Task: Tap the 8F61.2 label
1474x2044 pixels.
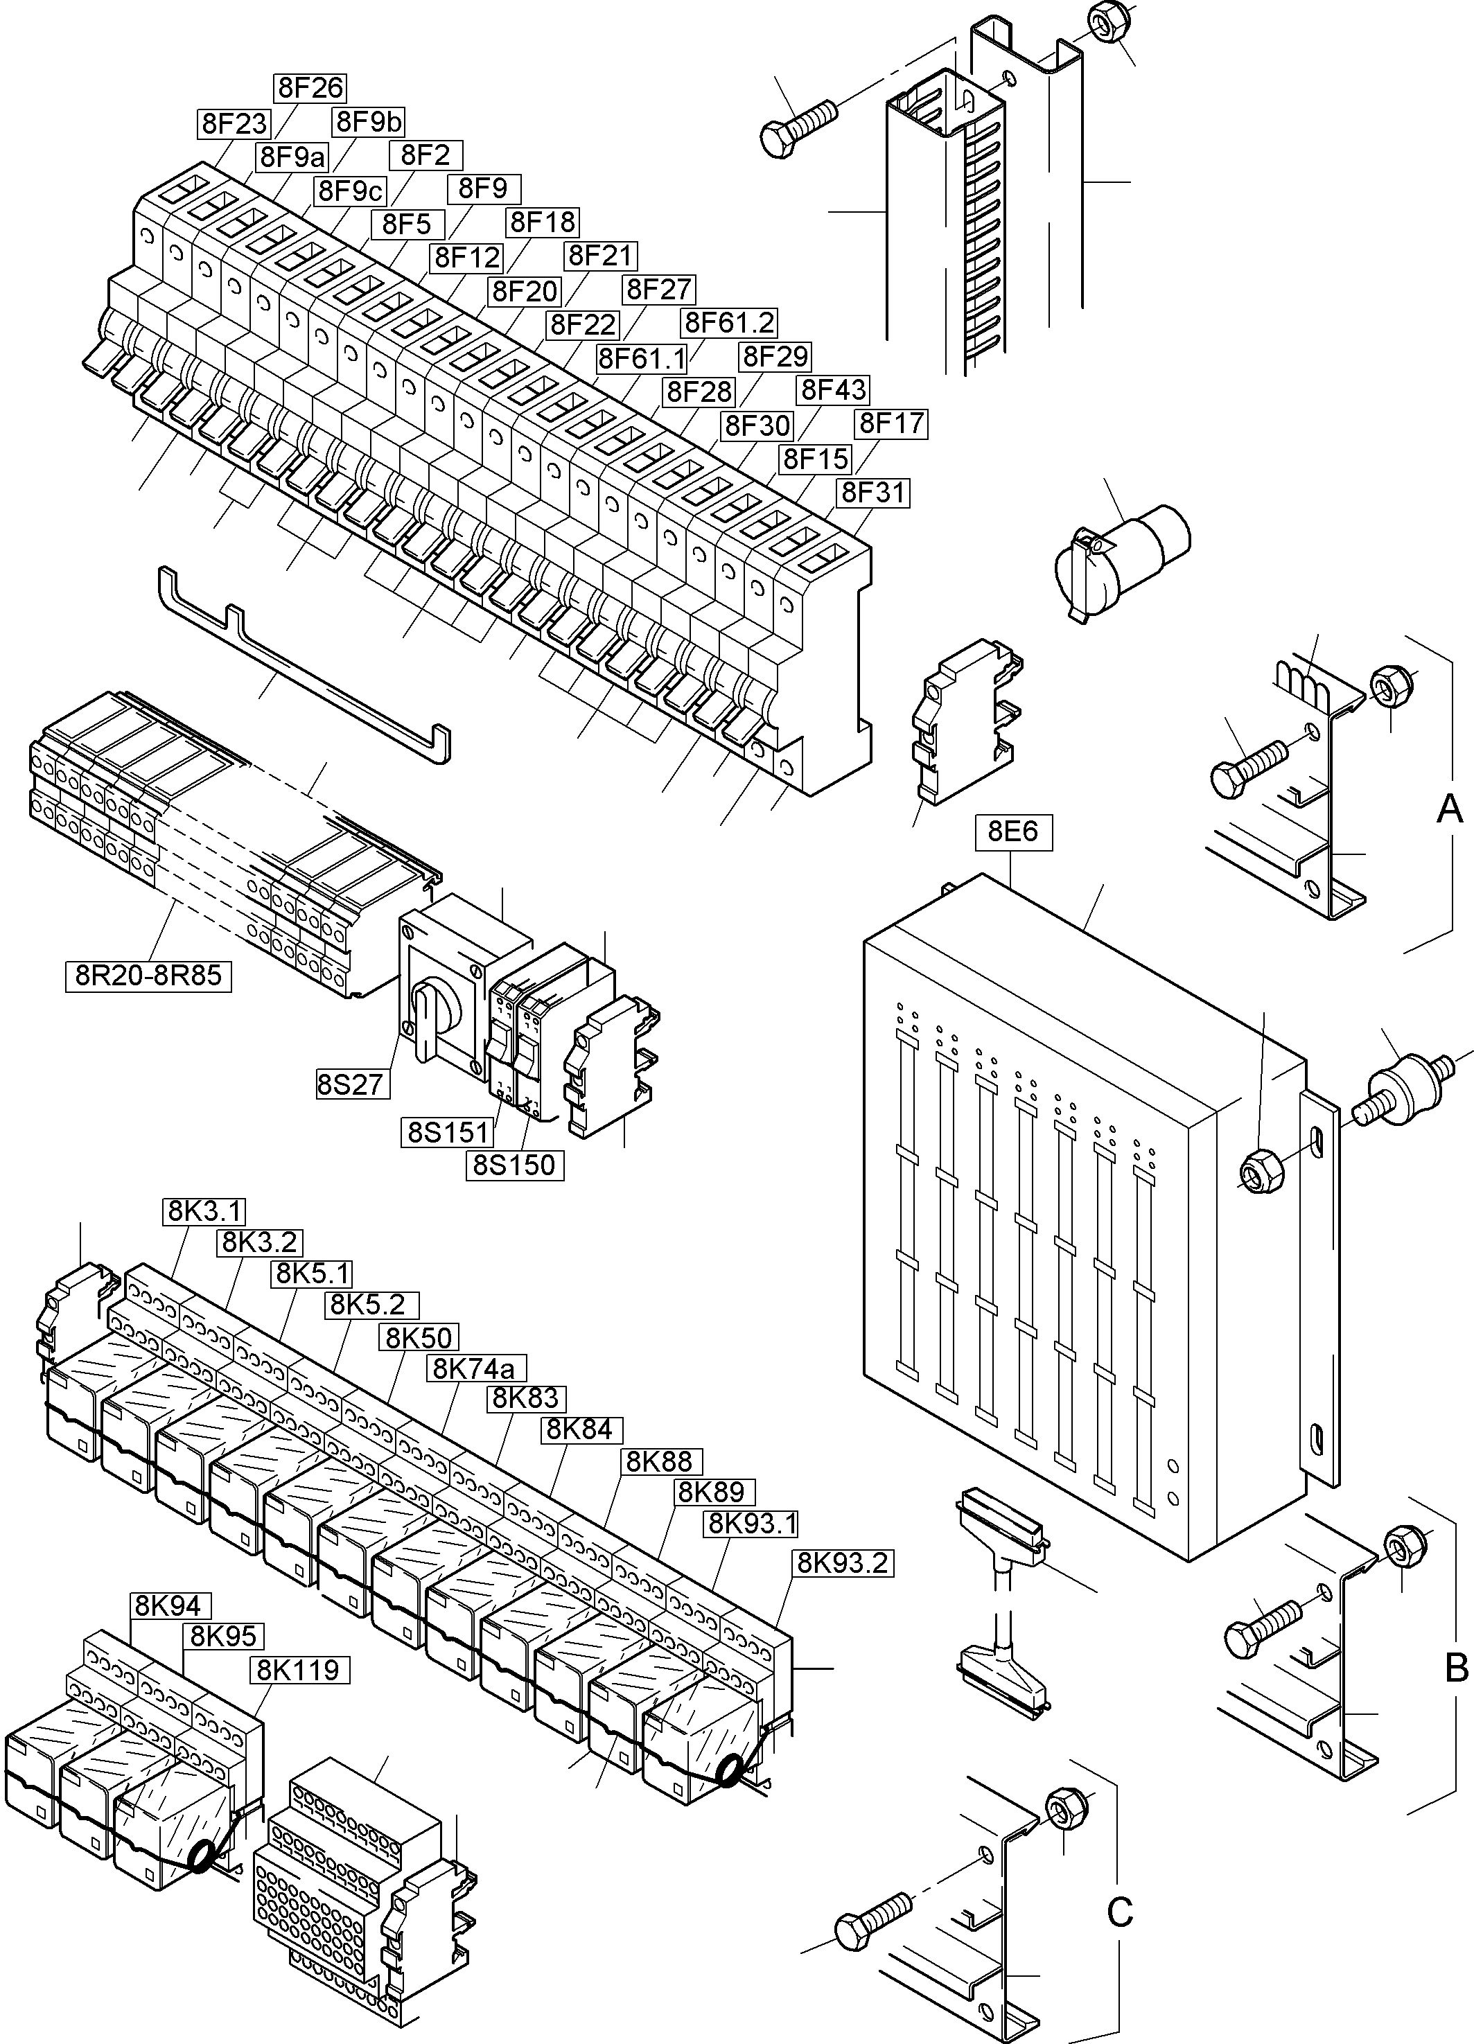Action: pyautogui.click(x=729, y=321)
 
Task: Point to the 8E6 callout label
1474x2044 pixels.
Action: pyautogui.click(x=1013, y=831)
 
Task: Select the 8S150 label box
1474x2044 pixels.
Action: pyautogui.click(x=515, y=1165)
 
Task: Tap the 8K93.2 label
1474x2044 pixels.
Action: pyautogui.click(x=843, y=1562)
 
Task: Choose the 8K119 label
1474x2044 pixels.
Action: pyautogui.click(x=299, y=1670)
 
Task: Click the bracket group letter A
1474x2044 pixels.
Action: pyautogui.click(x=1449, y=809)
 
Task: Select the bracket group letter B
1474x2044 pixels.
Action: pyautogui.click(x=1456, y=1667)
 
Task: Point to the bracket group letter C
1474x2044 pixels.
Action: pyautogui.click(x=1118, y=1910)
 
